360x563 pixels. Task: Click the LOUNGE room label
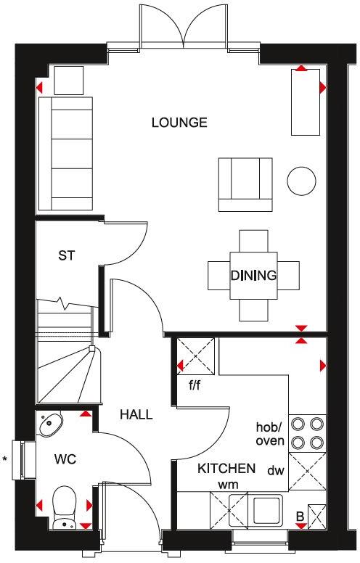pyautogui.click(x=179, y=122)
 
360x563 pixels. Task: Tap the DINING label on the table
pyautogui.click(x=253, y=275)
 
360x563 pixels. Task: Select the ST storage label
pyautogui.click(x=67, y=255)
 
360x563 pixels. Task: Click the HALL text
pyautogui.click(x=136, y=415)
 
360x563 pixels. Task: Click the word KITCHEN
pyautogui.click(x=226, y=468)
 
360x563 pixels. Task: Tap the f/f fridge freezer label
pyautogui.click(x=195, y=385)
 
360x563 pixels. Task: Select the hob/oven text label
pyautogui.click(x=270, y=433)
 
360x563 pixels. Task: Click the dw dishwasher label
pyautogui.click(x=275, y=470)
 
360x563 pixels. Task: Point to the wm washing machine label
pyautogui.click(x=228, y=484)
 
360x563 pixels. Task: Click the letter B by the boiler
pyautogui.click(x=299, y=517)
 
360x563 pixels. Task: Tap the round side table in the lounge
pyautogui.click(x=301, y=180)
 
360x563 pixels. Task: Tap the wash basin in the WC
pyautogui.click(x=51, y=424)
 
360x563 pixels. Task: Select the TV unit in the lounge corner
pyautogui.click(x=305, y=102)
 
